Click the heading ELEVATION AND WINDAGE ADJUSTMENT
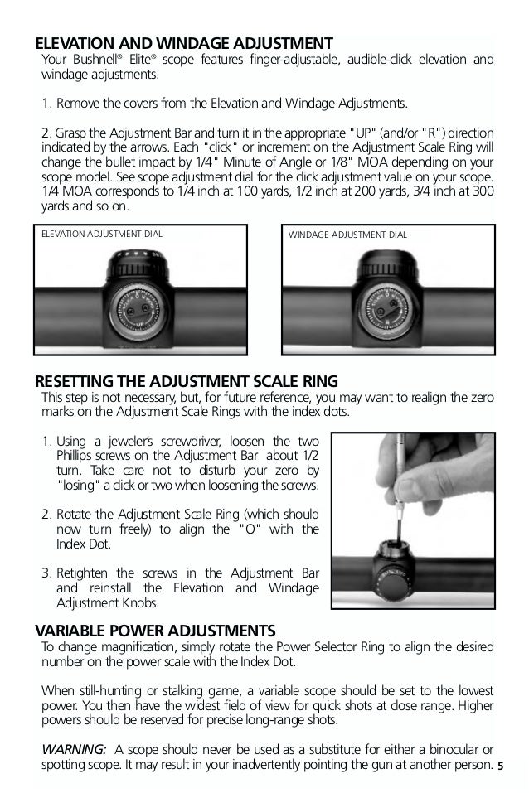[183, 42]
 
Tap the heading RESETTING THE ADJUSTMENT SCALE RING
[186, 381]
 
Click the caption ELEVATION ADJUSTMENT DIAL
[102, 234]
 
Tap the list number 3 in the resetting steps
[46, 573]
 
